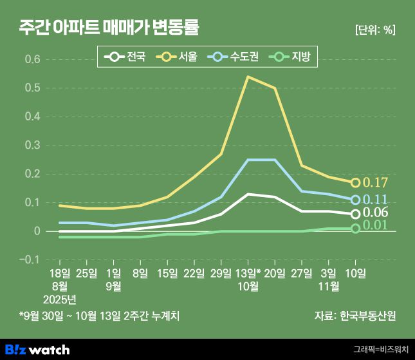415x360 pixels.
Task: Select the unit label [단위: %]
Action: coord(374,30)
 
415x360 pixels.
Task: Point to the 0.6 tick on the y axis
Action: coord(32,60)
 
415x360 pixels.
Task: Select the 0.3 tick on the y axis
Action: coord(32,146)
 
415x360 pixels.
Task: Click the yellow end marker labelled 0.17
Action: coord(355,182)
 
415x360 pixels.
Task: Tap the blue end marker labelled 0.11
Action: coord(355,200)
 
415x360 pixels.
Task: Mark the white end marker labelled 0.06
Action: coord(355,214)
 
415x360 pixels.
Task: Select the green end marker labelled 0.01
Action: coord(355,228)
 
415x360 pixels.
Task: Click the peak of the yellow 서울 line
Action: coord(248,77)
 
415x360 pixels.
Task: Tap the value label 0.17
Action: coord(376,183)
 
